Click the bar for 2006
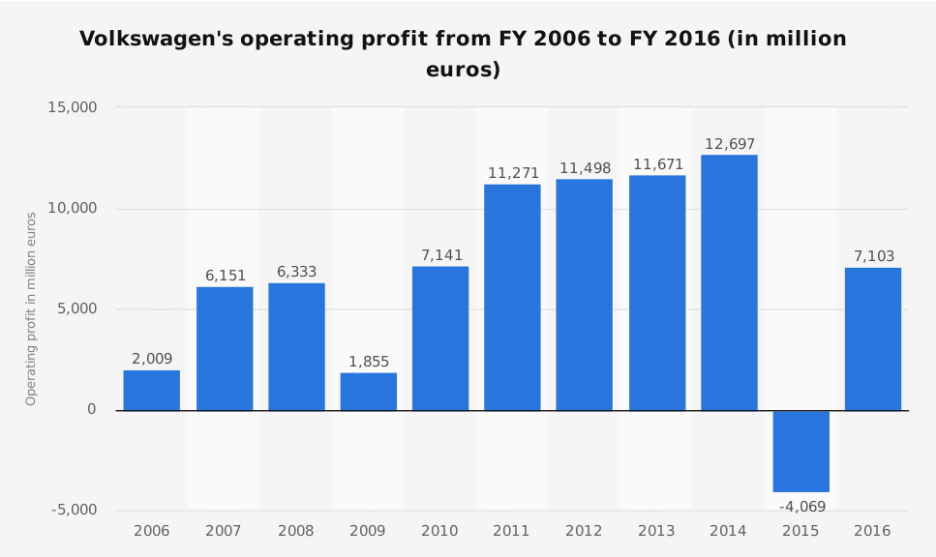coord(152,391)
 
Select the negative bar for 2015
coord(800,451)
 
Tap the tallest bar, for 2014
coord(729,282)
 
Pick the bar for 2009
coord(369,392)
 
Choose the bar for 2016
coord(873,338)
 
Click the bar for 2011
coord(512,297)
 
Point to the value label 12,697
coord(729,144)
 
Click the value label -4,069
coord(801,507)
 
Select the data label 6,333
coord(297,273)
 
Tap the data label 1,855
coord(369,363)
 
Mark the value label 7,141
coord(440,255)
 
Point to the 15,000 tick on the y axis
coord(73,107)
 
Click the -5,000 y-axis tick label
coord(73,511)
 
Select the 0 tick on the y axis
coord(92,410)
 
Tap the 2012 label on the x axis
coord(584,531)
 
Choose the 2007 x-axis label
coord(225,531)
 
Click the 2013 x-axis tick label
coord(656,531)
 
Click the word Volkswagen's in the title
coord(155,40)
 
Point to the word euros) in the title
coord(463,71)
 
